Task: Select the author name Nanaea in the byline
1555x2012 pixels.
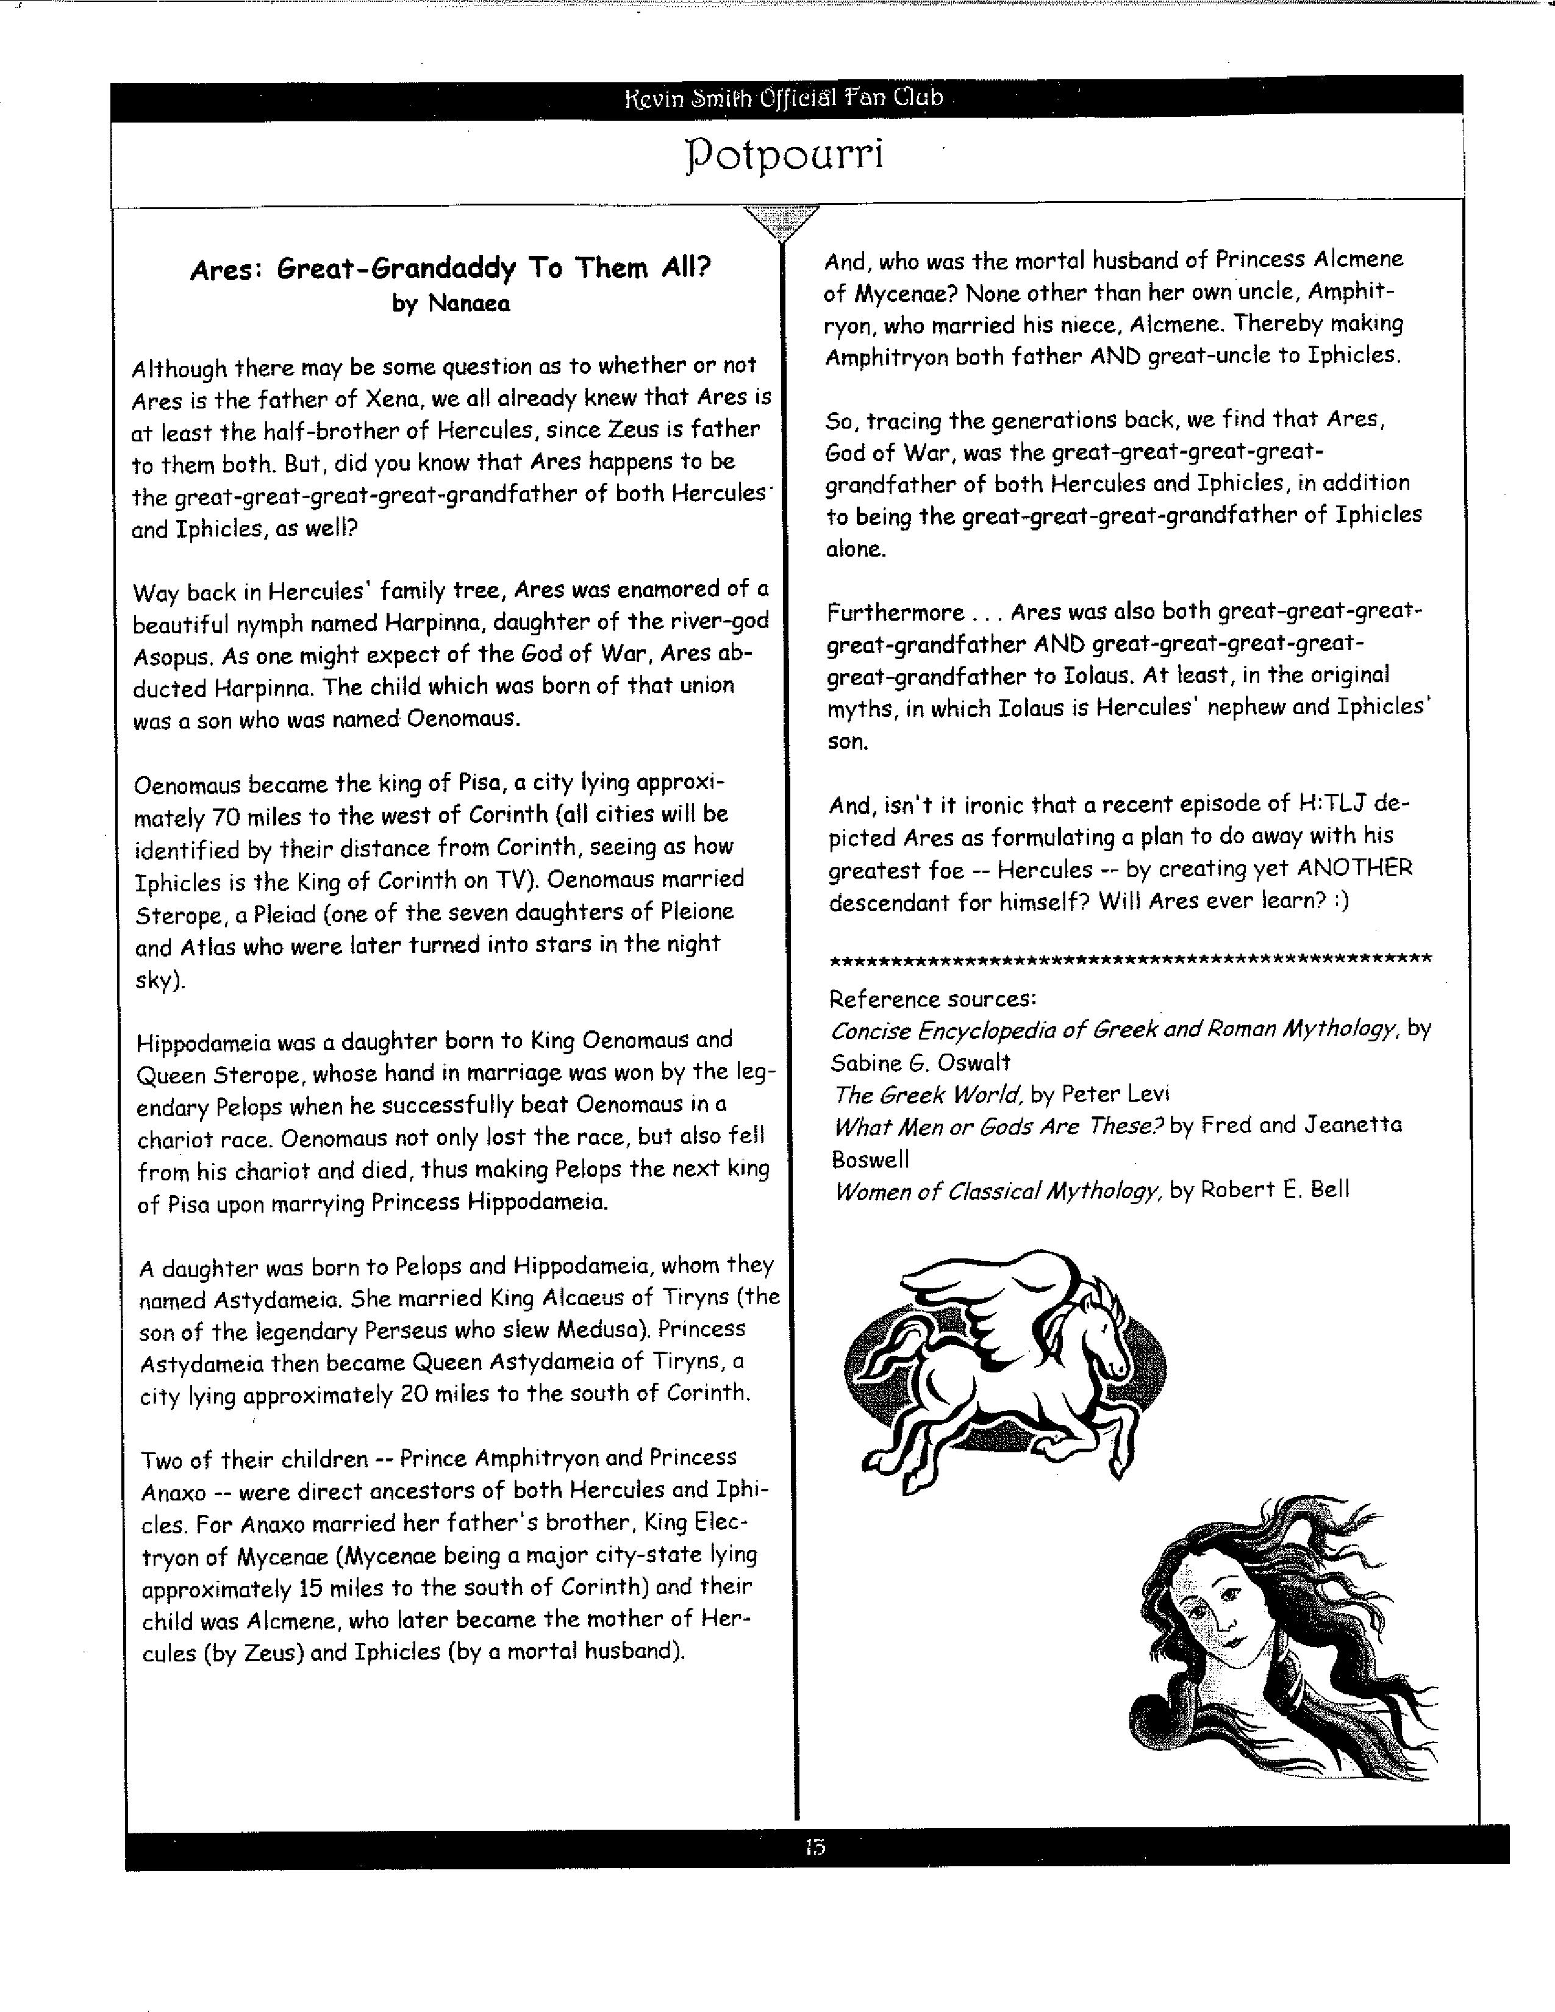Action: coord(468,303)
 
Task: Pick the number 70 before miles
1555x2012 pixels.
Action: coord(227,817)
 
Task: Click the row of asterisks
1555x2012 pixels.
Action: coord(1131,961)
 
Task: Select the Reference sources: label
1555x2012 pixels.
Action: coord(933,999)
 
